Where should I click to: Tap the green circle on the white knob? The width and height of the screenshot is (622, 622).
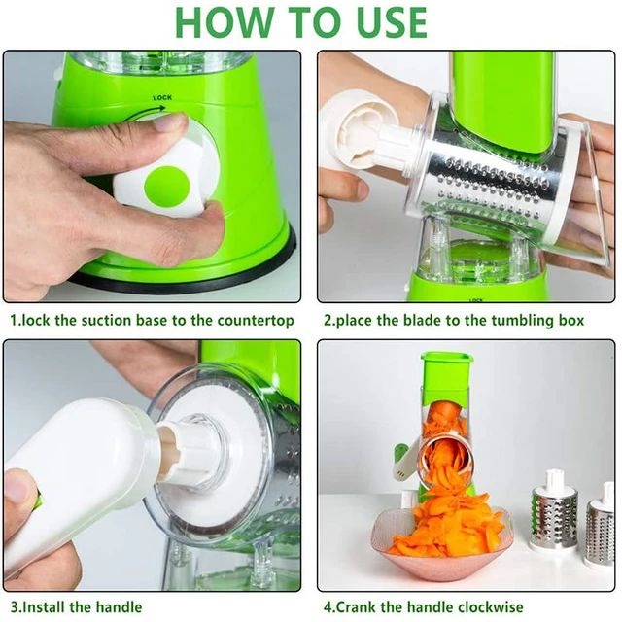[166, 186]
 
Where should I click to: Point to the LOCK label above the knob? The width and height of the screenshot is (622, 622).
[162, 98]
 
